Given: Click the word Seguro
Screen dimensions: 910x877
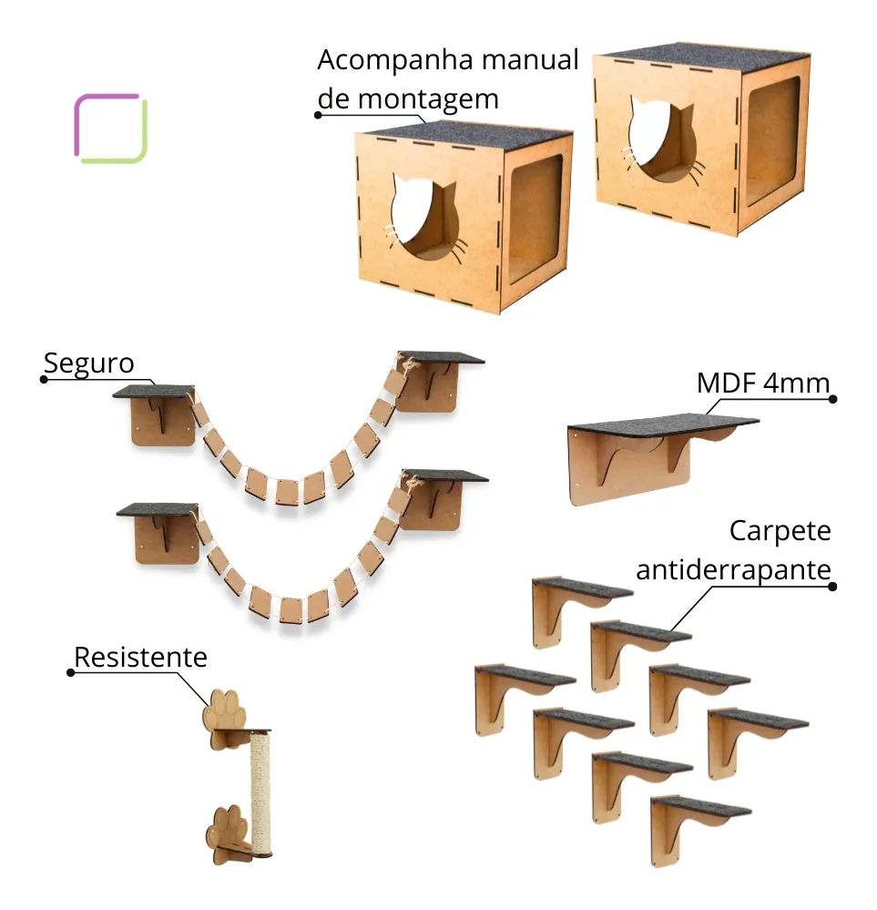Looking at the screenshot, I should [89, 363].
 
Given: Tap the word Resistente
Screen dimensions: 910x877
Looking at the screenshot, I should [140, 657].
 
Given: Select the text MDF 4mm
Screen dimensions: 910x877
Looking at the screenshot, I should [763, 383].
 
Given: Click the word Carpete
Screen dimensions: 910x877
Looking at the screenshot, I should [780, 530].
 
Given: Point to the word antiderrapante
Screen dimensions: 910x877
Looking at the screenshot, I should [733, 570].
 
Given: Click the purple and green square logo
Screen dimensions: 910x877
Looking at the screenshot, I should [110, 128].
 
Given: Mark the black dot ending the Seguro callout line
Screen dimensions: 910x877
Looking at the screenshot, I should [43, 379].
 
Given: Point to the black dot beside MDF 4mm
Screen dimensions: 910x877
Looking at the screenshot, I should [833, 399].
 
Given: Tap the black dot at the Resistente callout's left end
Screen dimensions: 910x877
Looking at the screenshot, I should [70, 672].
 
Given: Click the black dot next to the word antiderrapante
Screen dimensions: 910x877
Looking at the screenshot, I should [833, 586].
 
